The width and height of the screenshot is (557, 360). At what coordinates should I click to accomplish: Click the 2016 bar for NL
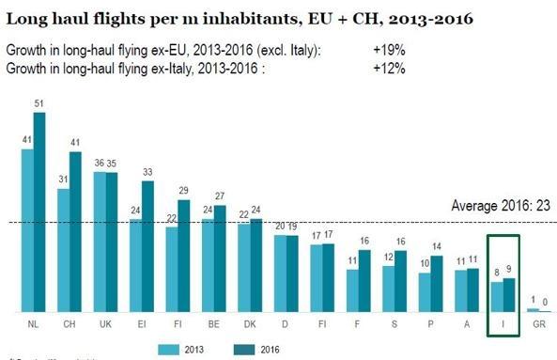coord(39,212)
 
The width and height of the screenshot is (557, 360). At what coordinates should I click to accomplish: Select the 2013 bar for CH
coord(64,250)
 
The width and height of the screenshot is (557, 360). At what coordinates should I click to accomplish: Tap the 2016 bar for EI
coord(147,245)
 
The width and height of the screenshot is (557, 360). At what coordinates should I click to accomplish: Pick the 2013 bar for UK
coord(100,242)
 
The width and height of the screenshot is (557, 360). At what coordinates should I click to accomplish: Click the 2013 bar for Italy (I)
coord(496,296)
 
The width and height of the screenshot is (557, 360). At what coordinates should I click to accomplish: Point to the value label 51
coord(39,103)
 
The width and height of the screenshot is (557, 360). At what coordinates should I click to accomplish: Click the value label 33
coord(147,172)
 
